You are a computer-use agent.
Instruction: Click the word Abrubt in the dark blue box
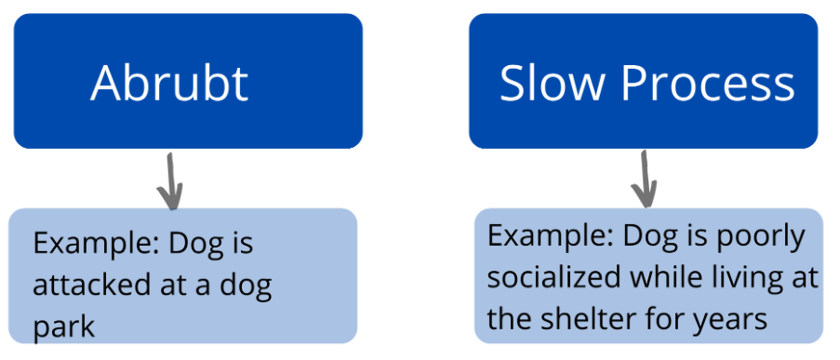[169, 84]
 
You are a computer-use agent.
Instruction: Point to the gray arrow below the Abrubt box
[169, 180]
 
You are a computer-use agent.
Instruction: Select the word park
[63, 327]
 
